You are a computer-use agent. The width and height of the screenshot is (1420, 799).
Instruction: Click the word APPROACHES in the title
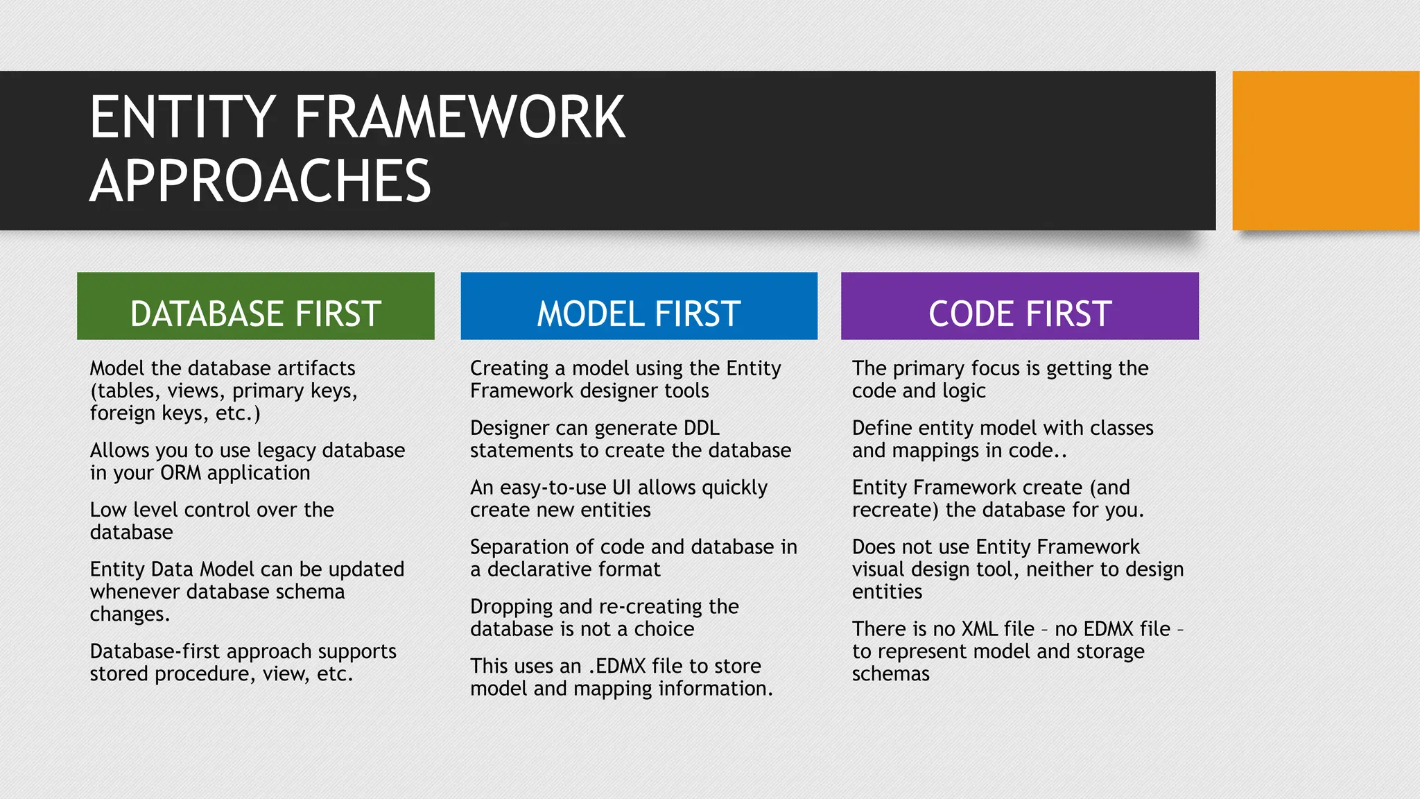click(260, 181)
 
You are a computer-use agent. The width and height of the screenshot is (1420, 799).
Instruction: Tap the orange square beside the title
click(1325, 151)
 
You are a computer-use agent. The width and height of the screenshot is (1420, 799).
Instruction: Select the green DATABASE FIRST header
click(255, 307)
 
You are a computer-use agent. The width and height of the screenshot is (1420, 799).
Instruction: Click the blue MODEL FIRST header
click(639, 307)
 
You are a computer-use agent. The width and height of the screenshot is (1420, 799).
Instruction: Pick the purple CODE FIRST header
click(1019, 307)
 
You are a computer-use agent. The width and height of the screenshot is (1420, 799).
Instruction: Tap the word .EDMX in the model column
click(617, 667)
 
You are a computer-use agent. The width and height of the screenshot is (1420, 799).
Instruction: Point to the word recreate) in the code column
click(895, 510)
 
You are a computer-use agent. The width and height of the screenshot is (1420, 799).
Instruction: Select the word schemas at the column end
click(890, 674)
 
